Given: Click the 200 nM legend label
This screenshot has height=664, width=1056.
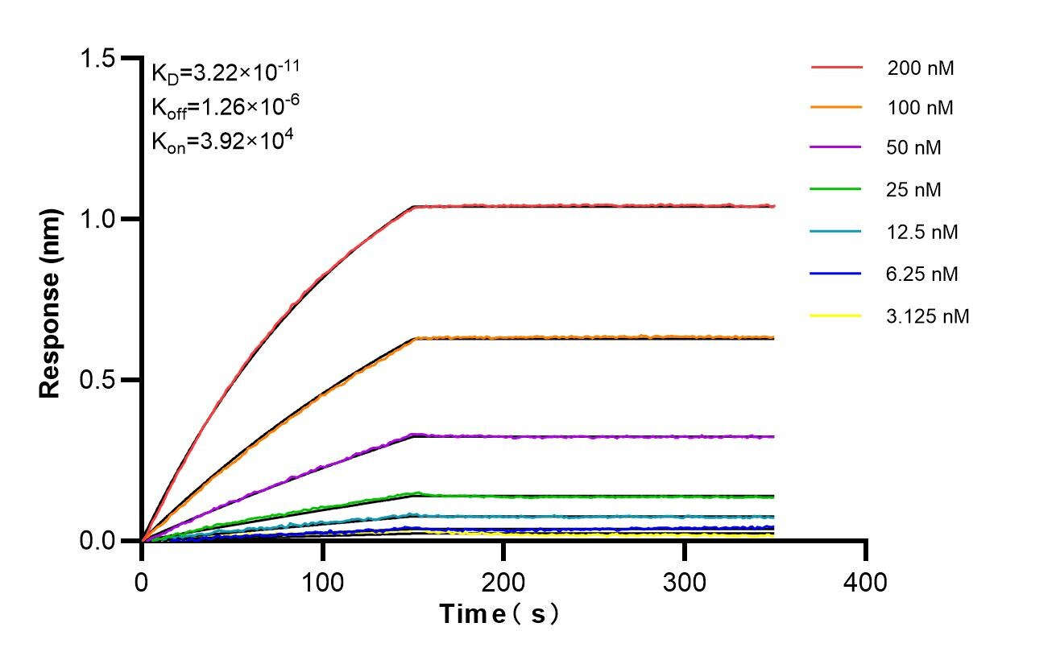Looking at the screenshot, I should [921, 68].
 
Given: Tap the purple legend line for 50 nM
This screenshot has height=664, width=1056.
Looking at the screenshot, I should [836, 148].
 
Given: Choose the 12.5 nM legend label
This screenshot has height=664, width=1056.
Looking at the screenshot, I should [922, 233].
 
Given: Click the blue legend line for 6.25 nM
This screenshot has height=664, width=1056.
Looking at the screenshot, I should [836, 274].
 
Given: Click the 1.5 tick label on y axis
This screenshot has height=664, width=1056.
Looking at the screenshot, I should [97, 59].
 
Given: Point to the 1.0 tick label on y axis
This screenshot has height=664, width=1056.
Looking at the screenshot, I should [97, 219].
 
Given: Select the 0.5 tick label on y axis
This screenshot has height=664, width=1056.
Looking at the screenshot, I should [97, 380].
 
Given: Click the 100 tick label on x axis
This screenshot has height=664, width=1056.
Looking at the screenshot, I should [322, 581].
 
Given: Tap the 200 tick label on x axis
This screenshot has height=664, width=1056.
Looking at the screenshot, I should [503, 581].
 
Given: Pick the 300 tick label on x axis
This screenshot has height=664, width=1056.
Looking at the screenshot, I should [685, 581].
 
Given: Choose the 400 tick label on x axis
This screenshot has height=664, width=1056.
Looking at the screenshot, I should [865, 581].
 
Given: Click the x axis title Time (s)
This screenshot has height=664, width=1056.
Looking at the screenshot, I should [499, 615].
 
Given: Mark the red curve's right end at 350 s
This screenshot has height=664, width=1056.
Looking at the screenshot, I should [774, 206].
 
